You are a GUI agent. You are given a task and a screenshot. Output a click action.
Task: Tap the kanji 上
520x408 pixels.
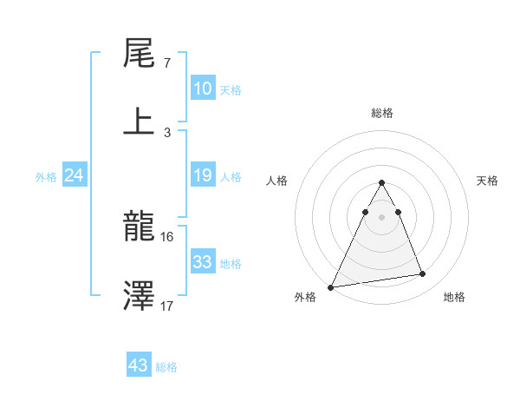point(140,121)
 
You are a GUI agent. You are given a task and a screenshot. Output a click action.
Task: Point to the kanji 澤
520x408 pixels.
point(140,296)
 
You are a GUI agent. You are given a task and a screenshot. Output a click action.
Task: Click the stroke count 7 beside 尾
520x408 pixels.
point(166,63)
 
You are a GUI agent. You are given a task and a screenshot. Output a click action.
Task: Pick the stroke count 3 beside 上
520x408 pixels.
point(166,132)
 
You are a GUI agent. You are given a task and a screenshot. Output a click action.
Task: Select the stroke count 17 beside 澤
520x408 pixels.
point(168,306)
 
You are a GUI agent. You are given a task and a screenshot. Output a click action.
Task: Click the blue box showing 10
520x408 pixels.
point(203,89)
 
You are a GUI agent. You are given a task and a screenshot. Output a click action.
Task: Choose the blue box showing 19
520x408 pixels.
point(203,176)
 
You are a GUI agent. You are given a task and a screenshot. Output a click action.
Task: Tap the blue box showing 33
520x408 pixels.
point(203,262)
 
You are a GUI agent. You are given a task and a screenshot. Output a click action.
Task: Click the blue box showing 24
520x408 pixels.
point(75,176)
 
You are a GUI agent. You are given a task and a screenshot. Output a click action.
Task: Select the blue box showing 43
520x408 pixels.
point(138,365)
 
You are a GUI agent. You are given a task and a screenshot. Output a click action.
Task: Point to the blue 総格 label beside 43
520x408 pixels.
point(166,367)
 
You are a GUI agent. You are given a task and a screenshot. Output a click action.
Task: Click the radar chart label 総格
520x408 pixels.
point(381,113)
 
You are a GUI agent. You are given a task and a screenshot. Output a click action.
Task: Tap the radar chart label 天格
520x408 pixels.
point(488,181)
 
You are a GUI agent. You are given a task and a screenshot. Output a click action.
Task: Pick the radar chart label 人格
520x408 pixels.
point(278,181)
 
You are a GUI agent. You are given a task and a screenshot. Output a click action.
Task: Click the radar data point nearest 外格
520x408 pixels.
point(331,286)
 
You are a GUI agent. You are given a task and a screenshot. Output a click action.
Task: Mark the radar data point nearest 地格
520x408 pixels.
point(423,274)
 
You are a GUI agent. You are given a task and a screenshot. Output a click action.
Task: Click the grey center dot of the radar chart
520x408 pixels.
point(381,217)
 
